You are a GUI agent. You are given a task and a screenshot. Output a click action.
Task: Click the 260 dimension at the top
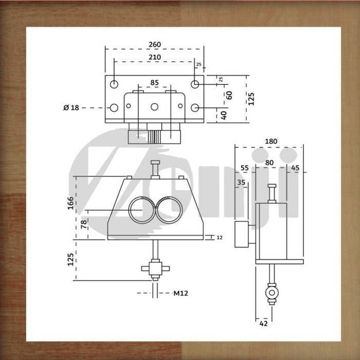154,44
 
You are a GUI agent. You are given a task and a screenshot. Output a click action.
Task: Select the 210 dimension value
154,57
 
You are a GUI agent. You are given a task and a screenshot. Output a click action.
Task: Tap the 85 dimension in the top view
154,82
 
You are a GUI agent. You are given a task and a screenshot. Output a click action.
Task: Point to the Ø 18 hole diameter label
71,107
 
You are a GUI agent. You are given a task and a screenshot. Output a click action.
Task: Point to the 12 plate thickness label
220,237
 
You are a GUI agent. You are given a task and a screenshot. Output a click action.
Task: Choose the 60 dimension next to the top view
229,95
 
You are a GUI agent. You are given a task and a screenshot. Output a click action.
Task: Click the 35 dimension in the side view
241,182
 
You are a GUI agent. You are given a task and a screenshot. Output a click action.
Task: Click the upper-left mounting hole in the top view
114,84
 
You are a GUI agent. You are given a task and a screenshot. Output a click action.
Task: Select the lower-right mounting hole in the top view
195,107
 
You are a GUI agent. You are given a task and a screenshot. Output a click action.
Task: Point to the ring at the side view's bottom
271,292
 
